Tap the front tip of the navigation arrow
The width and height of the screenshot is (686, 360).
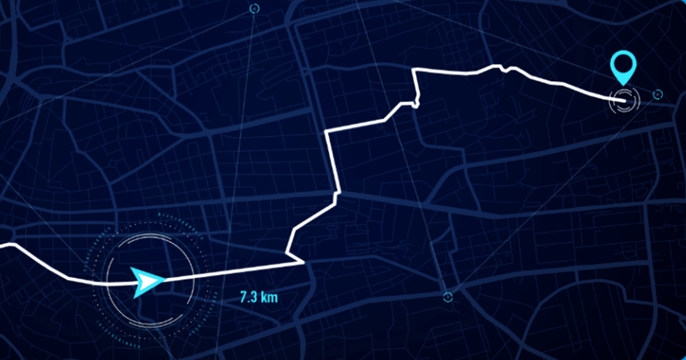tap(165, 279)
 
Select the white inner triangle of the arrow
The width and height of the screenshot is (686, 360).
tap(150, 281)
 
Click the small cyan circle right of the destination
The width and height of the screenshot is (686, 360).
tap(657, 94)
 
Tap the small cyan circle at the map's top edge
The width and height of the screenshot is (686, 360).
tap(254, 8)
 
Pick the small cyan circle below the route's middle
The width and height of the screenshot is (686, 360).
tap(448, 296)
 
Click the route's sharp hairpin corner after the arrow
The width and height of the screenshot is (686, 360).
tap(302, 263)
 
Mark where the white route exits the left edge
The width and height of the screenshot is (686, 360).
tap(2, 245)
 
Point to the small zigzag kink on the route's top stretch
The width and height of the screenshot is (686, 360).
tap(504, 69)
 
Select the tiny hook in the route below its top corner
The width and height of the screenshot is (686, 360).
tap(416, 104)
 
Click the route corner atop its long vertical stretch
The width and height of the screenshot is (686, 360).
tap(326, 132)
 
